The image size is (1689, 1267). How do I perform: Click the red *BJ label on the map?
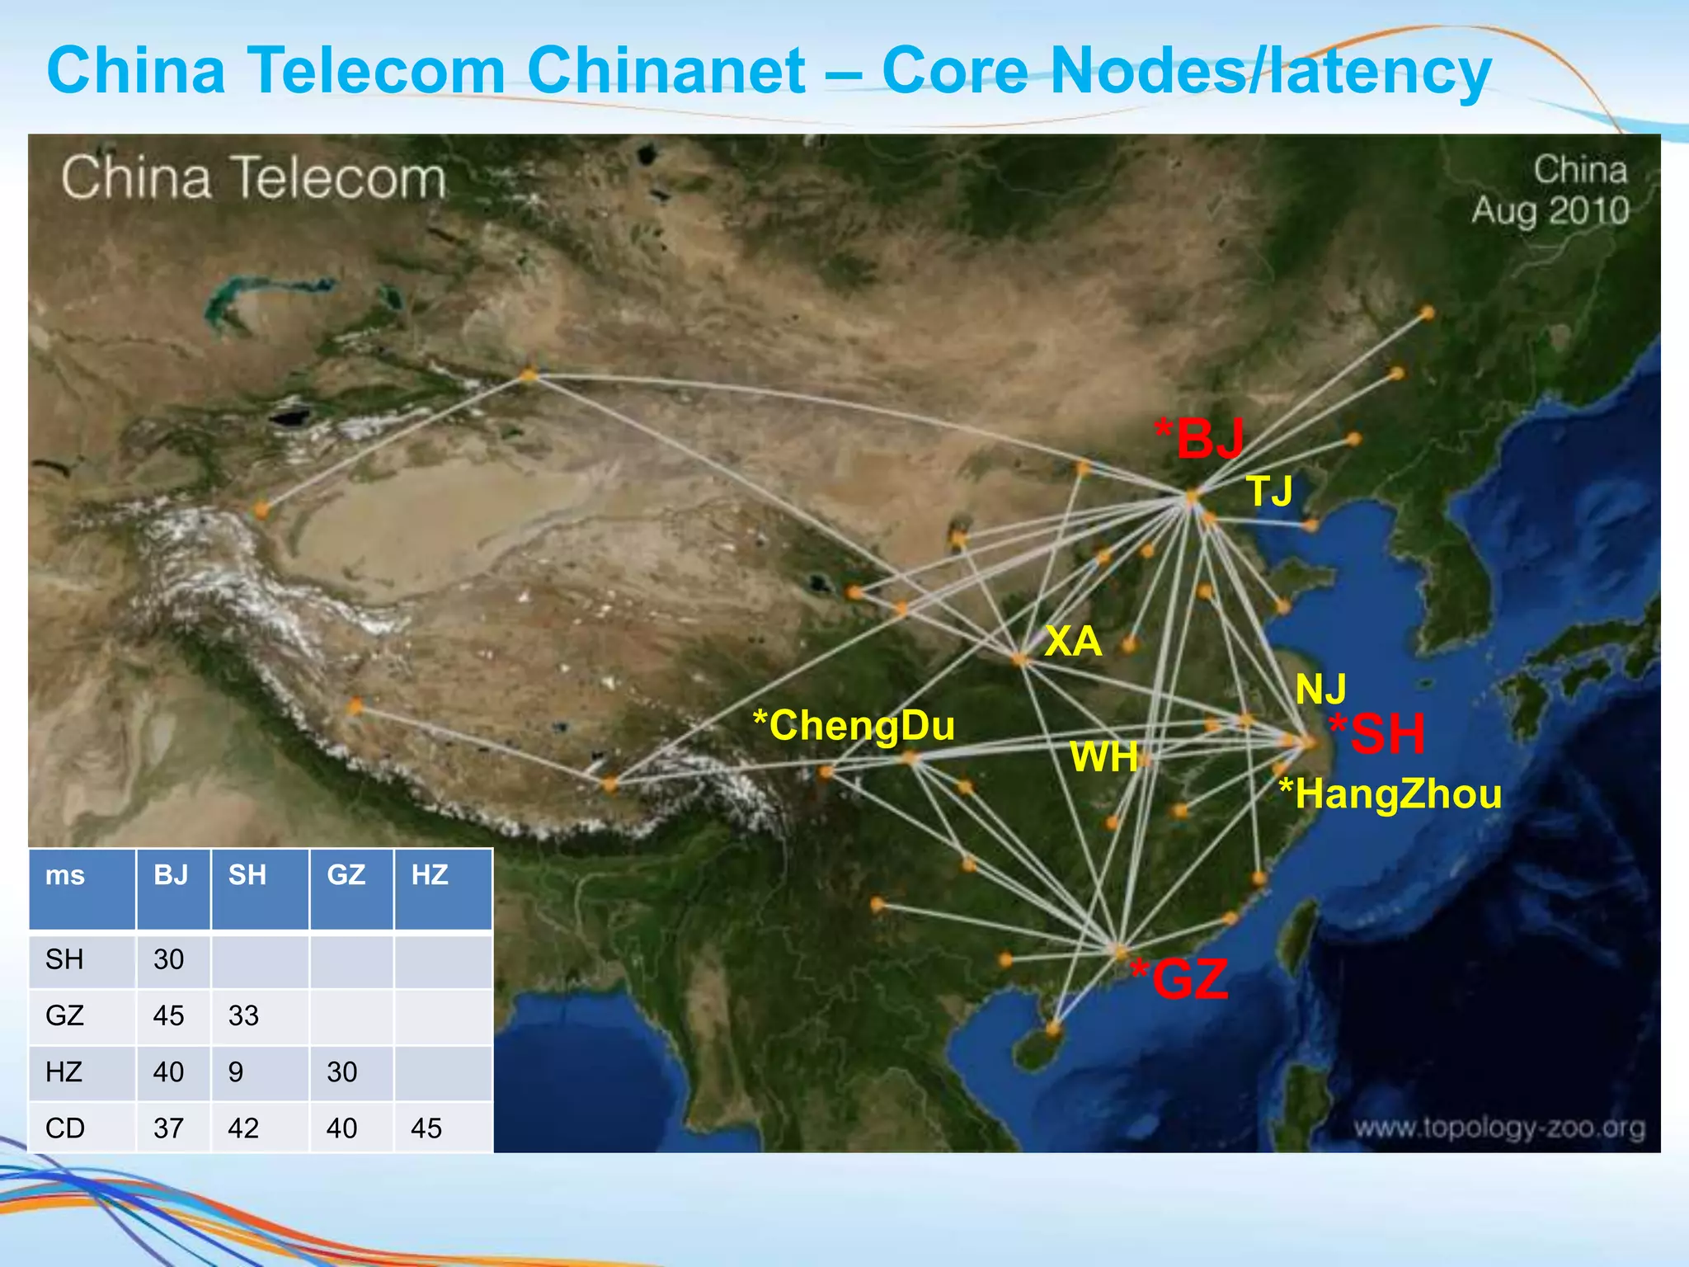click(1199, 438)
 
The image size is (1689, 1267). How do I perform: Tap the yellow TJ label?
click(1269, 491)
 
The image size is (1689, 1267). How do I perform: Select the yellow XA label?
click(1072, 641)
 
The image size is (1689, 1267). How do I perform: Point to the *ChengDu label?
click(854, 726)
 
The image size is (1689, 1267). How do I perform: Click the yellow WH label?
click(1103, 757)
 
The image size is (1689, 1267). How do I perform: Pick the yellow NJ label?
click(1320, 689)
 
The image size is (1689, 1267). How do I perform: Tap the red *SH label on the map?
click(1376, 734)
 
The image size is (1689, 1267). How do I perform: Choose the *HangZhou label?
click(1390, 794)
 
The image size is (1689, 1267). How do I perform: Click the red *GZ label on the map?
click(1179, 979)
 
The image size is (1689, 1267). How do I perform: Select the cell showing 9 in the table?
click(236, 1072)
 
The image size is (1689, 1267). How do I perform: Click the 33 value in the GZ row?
click(243, 1015)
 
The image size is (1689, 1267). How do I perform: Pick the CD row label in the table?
click(65, 1128)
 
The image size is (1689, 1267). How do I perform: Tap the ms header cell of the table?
click(65, 875)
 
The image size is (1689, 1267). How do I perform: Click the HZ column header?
click(430, 874)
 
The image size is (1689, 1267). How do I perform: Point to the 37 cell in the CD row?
click(168, 1128)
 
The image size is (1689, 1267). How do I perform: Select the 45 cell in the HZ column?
click(426, 1128)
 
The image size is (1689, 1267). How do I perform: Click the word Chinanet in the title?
click(666, 70)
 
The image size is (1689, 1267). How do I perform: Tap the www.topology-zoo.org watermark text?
click(1498, 1128)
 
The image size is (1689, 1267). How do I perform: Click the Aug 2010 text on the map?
click(1550, 211)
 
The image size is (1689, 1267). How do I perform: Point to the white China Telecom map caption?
click(253, 178)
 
